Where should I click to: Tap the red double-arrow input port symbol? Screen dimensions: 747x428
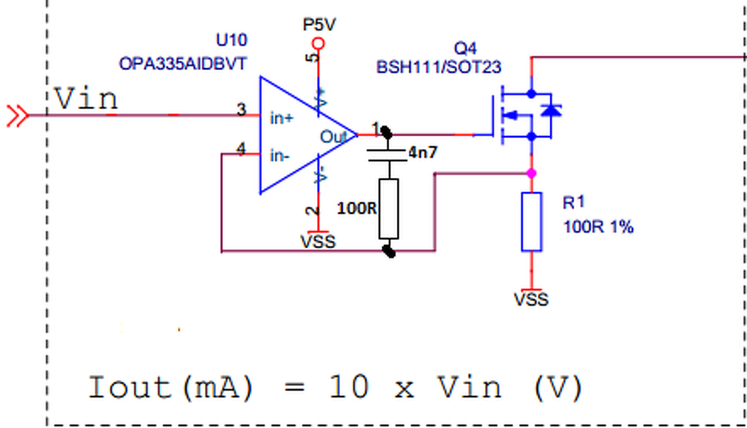[x=18, y=116]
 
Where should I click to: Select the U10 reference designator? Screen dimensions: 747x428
[x=232, y=40]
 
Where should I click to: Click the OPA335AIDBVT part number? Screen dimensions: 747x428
[x=183, y=64]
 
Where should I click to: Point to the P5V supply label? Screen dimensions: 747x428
[x=319, y=25]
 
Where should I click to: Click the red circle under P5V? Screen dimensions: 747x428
[x=319, y=44]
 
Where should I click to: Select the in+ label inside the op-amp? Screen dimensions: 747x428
[x=282, y=119]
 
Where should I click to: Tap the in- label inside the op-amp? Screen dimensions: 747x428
[x=280, y=156]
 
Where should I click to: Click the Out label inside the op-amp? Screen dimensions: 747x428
[x=333, y=137]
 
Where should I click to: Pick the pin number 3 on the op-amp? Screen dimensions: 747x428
[x=242, y=109]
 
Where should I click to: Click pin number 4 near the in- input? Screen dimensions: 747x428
[x=241, y=149]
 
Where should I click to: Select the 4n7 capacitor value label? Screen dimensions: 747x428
[x=423, y=152]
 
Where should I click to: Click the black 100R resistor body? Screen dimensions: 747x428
[x=389, y=209]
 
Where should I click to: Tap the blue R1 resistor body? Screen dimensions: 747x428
[x=532, y=221]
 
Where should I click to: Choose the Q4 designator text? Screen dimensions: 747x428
[x=466, y=48]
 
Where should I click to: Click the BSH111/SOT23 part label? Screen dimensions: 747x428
[x=439, y=67]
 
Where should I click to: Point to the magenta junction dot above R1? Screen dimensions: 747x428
[x=532, y=173]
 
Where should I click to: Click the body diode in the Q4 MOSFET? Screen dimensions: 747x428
[x=551, y=110]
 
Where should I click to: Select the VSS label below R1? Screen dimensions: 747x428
[x=531, y=299]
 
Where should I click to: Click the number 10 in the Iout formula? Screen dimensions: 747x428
[x=349, y=387]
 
